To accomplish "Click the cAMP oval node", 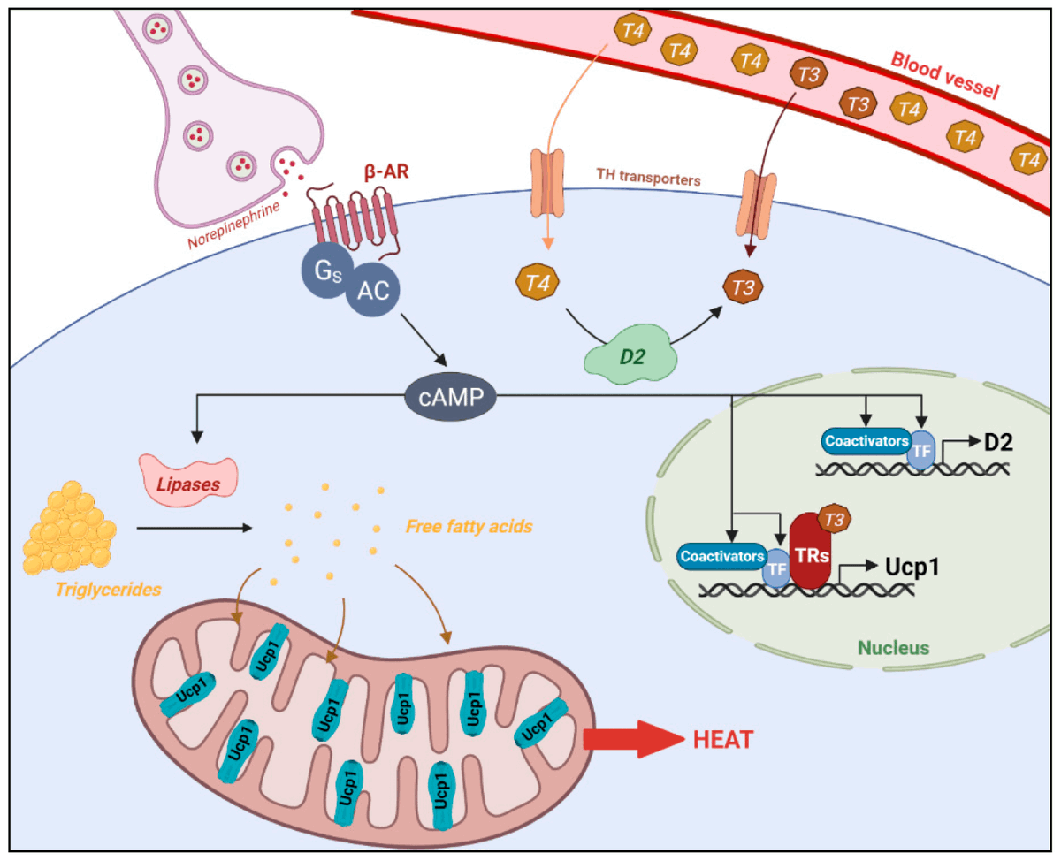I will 449,400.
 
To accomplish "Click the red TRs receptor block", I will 809,552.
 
